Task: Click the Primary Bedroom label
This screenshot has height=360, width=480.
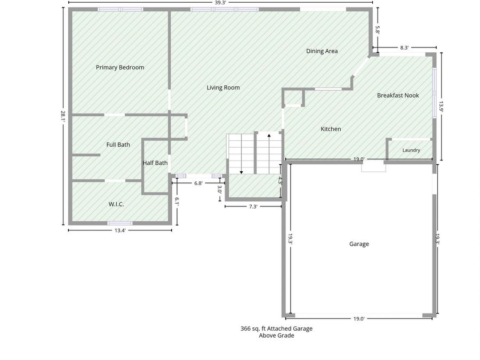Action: point(120,67)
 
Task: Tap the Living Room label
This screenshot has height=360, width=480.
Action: point(223,87)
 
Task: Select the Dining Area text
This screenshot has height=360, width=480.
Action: point(322,51)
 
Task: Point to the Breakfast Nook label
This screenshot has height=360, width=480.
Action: point(398,95)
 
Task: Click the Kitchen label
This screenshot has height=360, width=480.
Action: point(331,129)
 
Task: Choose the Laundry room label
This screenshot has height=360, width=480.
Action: point(411,150)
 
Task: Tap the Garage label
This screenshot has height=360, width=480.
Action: point(359,244)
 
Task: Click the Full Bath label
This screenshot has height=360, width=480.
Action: point(118,145)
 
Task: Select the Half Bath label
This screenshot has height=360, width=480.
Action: point(155,163)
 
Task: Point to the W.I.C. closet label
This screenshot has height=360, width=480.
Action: point(116,204)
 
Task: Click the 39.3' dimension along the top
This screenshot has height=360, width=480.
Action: point(220,3)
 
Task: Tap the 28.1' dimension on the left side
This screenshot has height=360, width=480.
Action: point(63,116)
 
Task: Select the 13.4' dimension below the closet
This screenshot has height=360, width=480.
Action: point(120,230)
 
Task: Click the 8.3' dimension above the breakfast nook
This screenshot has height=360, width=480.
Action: point(404,48)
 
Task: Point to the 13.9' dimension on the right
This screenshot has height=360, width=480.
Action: point(441,107)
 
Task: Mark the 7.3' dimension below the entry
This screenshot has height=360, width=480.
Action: point(253,206)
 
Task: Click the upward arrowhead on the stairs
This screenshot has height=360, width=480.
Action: point(269,135)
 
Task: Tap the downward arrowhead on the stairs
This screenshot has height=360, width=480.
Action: point(241,173)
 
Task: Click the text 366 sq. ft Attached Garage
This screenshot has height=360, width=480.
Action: point(276,329)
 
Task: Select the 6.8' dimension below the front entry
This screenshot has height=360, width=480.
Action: point(198,183)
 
